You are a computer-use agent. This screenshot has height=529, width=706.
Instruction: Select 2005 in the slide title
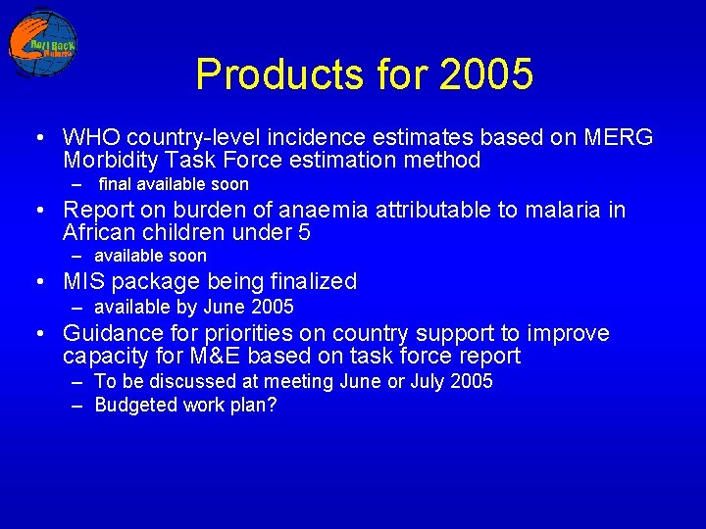(x=486, y=74)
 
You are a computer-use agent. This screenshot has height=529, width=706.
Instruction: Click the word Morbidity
(x=111, y=161)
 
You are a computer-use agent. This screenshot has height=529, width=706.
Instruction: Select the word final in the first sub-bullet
(x=115, y=184)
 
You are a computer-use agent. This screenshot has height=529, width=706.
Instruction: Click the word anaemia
(x=319, y=210)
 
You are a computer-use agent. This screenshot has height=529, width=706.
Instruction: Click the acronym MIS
(x=83, y=282)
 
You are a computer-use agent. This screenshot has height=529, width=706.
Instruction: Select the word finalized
(x=312, y=282)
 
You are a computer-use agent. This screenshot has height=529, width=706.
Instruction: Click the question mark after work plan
(x=272, y=405)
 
